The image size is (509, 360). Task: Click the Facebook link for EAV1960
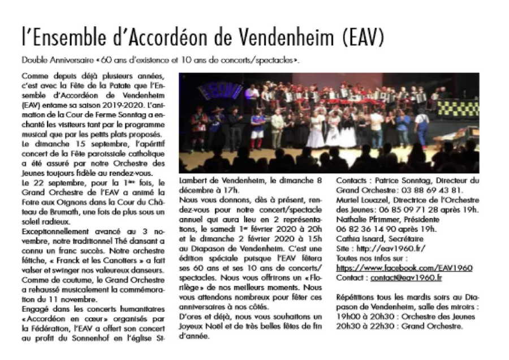pyautogui.click(x=404, y=268)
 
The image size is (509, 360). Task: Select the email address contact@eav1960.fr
pyautogui.click(x=406, y=277)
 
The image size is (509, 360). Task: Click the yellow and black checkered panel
pyautogui.click(x=458, y=108)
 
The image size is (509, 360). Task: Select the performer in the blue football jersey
pyautogui.click(x=257, y=127)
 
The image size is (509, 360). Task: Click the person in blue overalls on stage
pyautogui.click(x=421, y=127)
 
